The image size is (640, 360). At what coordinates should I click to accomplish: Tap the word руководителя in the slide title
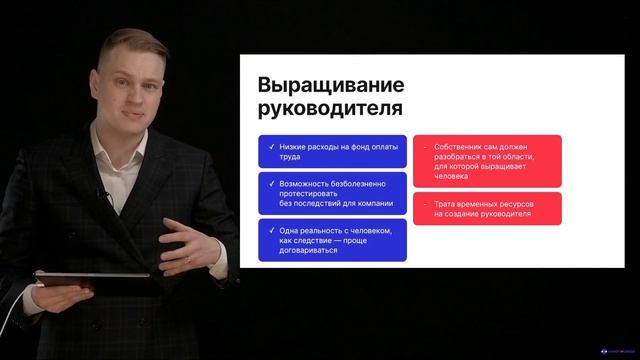[x=324, y=107]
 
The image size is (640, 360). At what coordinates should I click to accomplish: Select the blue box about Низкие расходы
[x=333, y=150]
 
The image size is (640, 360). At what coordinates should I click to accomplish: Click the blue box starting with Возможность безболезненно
[x=333, y=192]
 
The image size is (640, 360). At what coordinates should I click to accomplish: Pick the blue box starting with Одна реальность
[x=333, y=241]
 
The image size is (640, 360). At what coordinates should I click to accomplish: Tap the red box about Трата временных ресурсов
[x=486, y=208]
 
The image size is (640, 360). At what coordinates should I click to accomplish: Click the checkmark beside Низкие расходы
[x=270, y=146]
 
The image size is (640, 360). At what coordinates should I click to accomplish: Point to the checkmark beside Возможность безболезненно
[x=270, y=183]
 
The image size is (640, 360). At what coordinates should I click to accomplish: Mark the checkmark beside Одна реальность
[x=270, y=231]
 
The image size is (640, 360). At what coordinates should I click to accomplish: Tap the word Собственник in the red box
[x=463, y=147]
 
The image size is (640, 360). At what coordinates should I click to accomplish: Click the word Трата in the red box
[x=446, y=203]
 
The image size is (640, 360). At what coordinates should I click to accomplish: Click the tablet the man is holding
[x=90, y=277]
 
